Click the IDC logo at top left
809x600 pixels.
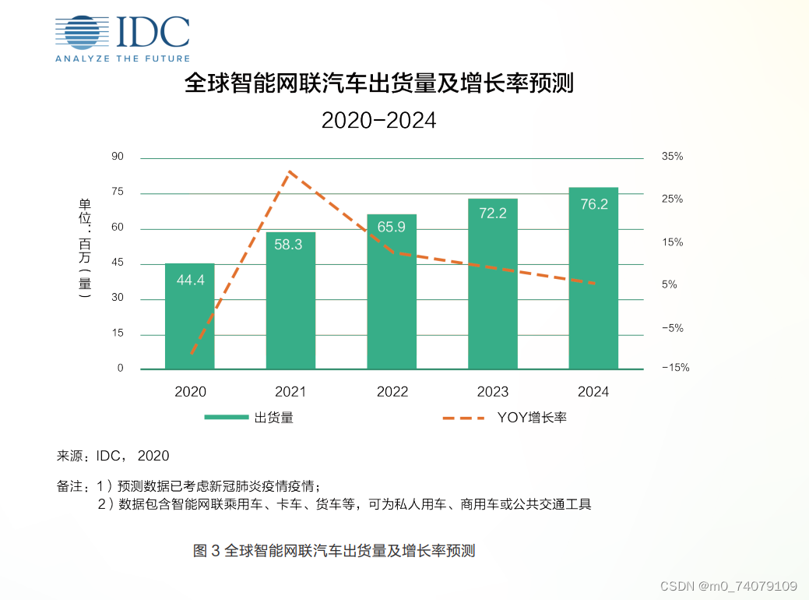point(123,37)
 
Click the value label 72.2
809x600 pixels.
point(492,213)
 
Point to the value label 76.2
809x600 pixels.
point(593,204)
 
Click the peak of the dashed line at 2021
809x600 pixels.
point(289,171)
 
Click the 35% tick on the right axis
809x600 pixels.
point(672,157)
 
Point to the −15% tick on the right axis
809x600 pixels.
point(675,369)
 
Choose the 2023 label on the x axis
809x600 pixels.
point(492,392)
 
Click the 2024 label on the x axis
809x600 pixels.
point(593,392)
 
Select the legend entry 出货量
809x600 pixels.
point(249,418)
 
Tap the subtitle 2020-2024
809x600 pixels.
point(378,121)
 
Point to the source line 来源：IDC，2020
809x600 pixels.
point(113,456)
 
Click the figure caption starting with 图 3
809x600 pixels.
point(334,551)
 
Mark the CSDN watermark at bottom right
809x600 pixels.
point(728,586)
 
